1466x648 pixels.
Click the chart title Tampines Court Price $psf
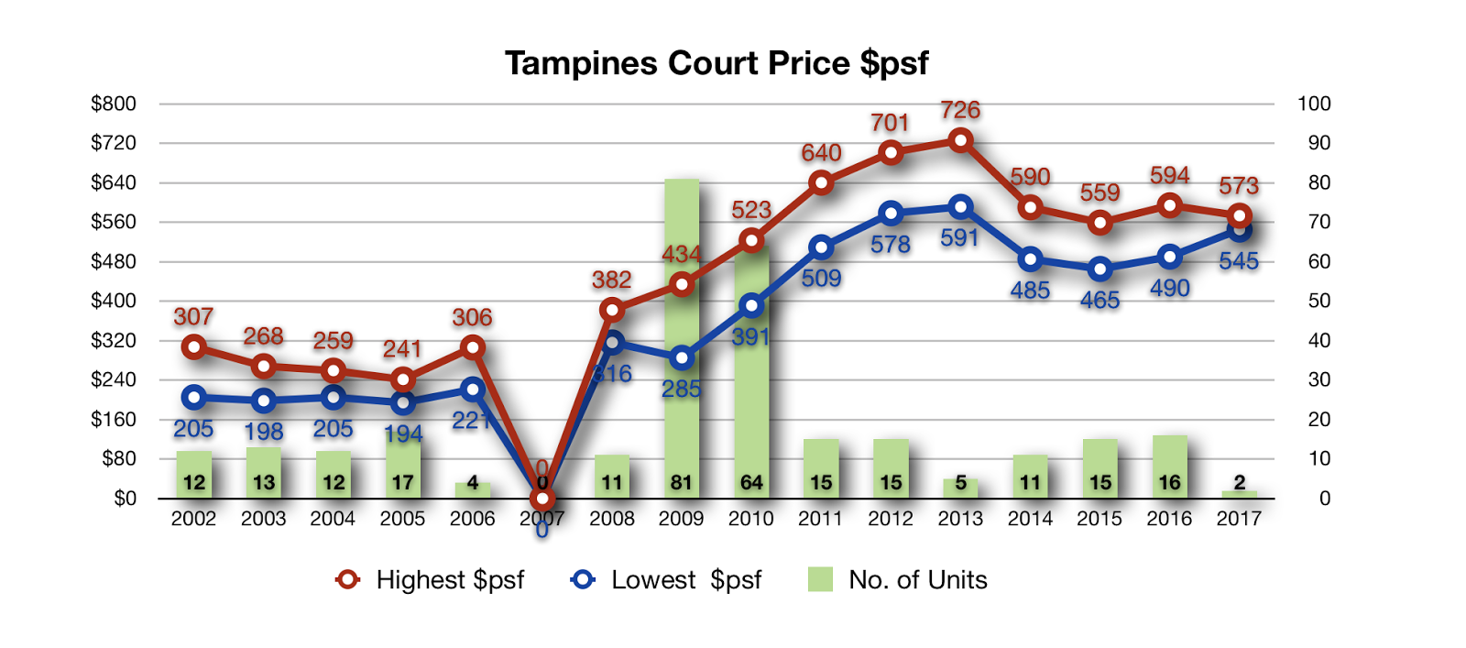pos(717,63)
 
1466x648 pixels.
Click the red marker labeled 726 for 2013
pos(960,140)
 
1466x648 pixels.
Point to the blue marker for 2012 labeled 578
pos(891,214)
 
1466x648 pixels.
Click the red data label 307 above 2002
pos(193,317)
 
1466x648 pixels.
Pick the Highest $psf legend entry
pos(431,580)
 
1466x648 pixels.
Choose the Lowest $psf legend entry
pos(667,580)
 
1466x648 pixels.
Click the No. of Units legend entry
pos(898,580)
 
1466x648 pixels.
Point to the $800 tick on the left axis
pos(114,104)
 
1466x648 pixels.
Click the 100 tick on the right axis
pos(1314,104)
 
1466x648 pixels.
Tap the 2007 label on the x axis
pos(542,519)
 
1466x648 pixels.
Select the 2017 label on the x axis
pos(1239,519)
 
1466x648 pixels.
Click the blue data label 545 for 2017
pos(1239,261)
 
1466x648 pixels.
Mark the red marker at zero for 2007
pos(542,499)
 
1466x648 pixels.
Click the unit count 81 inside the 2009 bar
pos(681,483)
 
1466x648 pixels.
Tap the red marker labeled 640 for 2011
pos(821,182)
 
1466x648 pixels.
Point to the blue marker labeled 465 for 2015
pos(1100,269)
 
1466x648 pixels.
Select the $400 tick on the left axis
pos(114,301)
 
